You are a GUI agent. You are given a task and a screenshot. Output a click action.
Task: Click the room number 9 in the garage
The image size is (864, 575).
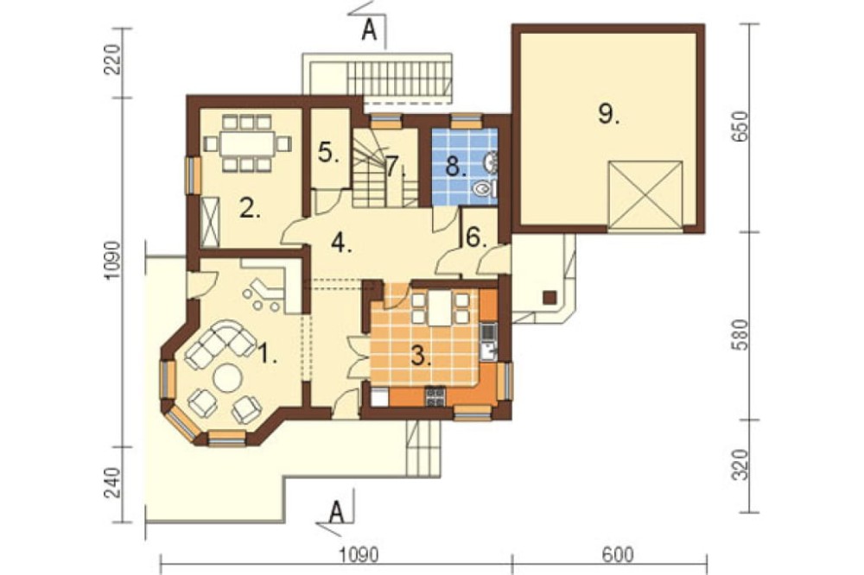pos(607,114)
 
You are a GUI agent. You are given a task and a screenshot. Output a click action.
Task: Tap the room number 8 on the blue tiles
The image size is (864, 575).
pos(455,166)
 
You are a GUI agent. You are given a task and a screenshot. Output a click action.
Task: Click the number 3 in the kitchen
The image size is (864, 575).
pos(421,356)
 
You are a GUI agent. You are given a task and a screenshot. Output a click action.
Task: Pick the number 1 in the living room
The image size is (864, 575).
pos(268,353)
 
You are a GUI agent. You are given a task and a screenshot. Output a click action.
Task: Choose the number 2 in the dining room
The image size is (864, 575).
pos(250,209)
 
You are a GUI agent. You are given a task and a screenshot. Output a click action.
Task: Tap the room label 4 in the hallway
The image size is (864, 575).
pos(341,243)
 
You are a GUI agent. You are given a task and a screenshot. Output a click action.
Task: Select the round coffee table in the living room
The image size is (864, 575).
pos(227,378)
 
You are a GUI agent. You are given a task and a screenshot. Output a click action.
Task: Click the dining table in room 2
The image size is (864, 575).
pos(247,143)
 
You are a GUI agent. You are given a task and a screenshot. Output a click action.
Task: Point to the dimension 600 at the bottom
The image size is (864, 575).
pos(617,554)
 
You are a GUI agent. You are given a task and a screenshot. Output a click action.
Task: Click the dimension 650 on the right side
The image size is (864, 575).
pos(742,126)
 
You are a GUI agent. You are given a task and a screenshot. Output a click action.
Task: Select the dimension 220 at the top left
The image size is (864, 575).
pos(111,60)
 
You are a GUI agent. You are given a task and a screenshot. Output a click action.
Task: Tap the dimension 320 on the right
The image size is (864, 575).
pos(742,465)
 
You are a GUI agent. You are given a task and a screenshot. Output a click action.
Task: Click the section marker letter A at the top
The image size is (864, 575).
pos(369,31)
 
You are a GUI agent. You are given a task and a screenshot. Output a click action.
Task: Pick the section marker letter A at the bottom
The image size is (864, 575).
pos(336,513)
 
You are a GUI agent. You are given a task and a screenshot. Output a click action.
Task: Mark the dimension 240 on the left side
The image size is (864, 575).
pos(112,483)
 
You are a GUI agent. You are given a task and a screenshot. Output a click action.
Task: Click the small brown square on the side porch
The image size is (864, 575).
pos(550,297)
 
